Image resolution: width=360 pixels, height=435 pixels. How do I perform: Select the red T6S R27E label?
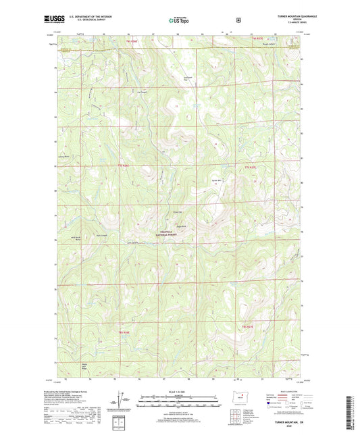248,326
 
